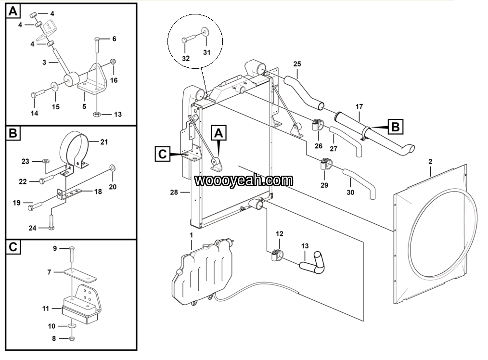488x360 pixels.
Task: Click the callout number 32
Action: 186,59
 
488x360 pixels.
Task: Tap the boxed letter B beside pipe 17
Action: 395,127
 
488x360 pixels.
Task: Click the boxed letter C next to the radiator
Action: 163,154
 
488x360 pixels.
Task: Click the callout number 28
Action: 174,193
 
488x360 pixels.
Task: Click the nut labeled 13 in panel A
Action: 96,115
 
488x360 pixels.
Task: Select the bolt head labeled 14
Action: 34,94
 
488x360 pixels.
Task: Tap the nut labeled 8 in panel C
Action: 72,338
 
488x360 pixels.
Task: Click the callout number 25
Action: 297,64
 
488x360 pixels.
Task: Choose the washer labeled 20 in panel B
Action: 112,167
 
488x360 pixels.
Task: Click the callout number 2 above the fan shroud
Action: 430,162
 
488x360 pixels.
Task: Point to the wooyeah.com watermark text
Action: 244,180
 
